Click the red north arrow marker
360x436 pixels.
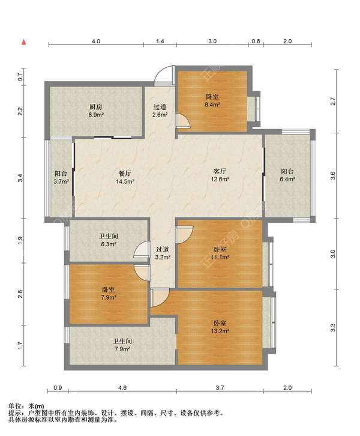[24, 42]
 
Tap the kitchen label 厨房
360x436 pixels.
[96, 107]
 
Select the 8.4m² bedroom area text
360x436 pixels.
[212, 104]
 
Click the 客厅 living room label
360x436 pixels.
[220, 171]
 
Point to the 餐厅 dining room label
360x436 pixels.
[125, 174]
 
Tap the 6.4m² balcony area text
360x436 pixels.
[287, 180]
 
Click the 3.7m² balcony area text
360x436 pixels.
[61, 181]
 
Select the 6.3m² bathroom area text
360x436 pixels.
[109, 244]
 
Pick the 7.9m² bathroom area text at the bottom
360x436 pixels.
[122, 349]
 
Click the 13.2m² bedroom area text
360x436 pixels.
[220, 331]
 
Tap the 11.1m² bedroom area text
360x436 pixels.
[220, 257]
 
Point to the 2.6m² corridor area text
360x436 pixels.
[160, 115]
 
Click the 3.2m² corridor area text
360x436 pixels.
[163, 257]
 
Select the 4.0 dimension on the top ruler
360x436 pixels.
[96, 41]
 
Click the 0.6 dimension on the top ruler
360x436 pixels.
[256, 41]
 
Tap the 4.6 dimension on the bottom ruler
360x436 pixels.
[122, 387]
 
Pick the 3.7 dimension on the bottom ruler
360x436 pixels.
[220, 387]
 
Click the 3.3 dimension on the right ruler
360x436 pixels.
[333, 327]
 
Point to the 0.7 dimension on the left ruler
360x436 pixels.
[20, 76]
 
